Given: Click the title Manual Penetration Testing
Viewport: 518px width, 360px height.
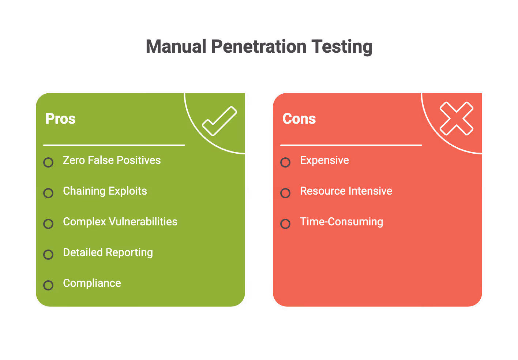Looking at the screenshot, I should point(259,47).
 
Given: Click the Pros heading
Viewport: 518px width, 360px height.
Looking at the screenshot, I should point(60,119).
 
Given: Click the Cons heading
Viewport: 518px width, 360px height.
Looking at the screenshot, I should point(299,119).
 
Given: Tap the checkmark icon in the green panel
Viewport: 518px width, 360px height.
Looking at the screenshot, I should point(219,121).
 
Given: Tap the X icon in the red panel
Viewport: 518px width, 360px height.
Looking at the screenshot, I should point(456,119).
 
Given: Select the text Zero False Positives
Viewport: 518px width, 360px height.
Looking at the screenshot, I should point(112,160).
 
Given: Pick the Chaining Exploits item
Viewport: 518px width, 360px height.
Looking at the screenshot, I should point(105,191).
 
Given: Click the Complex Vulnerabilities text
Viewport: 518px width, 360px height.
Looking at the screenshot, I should point(120,222).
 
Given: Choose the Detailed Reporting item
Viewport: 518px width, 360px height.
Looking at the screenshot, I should point(108,252).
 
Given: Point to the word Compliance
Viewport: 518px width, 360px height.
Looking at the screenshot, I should point(92,283).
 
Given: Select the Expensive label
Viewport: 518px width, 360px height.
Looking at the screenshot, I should point(324,160).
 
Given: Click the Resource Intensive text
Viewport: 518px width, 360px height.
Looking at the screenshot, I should point(346,191).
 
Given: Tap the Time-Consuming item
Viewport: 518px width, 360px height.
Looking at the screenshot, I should point(341,222).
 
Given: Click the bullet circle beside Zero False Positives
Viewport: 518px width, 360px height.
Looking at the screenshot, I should point(48,162).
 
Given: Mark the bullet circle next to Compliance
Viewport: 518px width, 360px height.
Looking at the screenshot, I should point(48,285).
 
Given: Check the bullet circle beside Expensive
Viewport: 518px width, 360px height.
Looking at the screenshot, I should point(285,162).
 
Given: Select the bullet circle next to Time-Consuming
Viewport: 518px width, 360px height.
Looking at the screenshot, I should point(285,224).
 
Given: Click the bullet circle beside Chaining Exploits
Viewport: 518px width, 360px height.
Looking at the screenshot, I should point(48,193).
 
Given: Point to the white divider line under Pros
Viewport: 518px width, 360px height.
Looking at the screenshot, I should point(114,145).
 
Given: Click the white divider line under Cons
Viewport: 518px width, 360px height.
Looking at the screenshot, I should point(351,145).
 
